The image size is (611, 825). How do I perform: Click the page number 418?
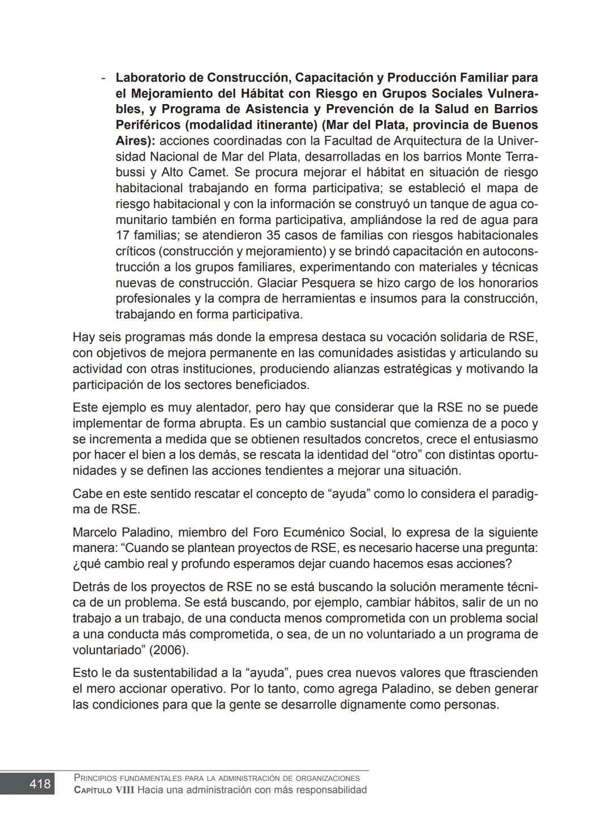pos(40,784)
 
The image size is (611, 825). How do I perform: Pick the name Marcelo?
pos(95,533)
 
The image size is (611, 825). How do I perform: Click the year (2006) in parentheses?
pos(169,650)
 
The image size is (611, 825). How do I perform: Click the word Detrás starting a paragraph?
pos(91,587)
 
